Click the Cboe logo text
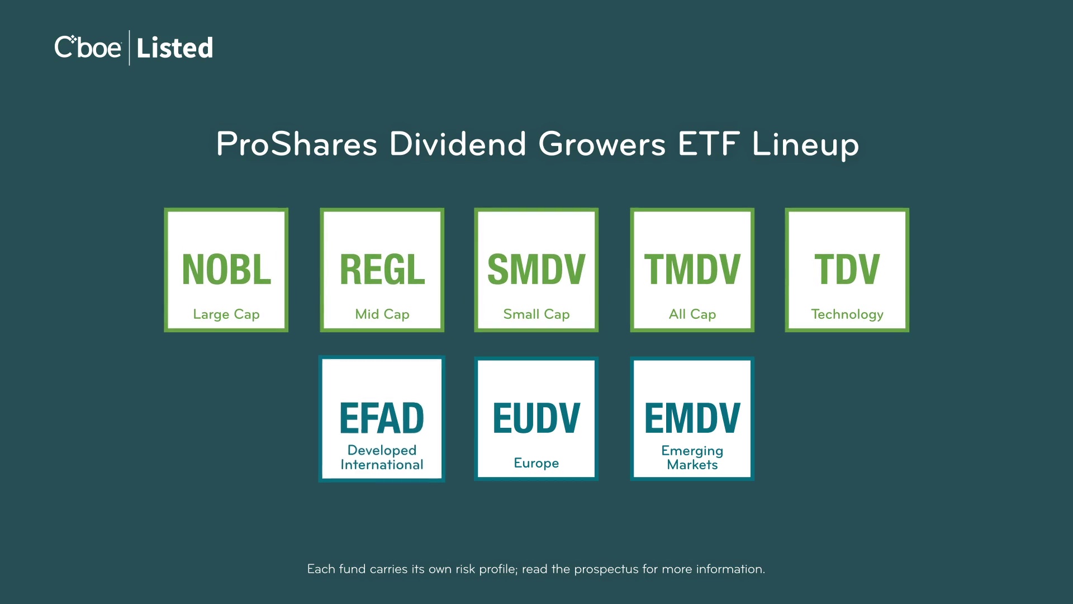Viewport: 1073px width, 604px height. pyautogui.click(x=88, y=47)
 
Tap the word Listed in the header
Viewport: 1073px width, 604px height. pyautogui.click(x=175, y=48)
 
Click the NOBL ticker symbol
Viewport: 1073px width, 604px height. pyautogui.click(x=226, y=270)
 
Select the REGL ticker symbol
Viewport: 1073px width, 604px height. pyautogui.click(x=382, y=270)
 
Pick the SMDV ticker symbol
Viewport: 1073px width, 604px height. pyautogui.click(x=536, y=270)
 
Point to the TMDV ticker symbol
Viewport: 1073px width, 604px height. pyautogui.click(x=692, y=270)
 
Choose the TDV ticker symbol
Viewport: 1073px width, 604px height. pyautogui.click(x=847, y=270)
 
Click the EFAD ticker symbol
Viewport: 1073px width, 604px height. pyautogui.click(x=382, y=418)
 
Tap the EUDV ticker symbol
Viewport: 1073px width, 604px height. pyautogui.click(x=536, y=418)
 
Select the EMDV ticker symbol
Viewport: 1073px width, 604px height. pyautogui.click(x=692, y=418)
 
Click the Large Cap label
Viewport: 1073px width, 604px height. pyautogui.click(x=226, y=314)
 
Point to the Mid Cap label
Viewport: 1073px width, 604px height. pyautogui.click(x=382, y=314)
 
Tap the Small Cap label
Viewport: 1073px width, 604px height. pyautogui.click(x=536, y=314)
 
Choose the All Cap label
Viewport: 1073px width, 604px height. pyautogui.click(x=692, y=314)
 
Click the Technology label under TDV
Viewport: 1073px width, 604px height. pyautogui.click(x=847, y=314)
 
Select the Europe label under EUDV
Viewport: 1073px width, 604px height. pyautogui.click(x=536, y=463)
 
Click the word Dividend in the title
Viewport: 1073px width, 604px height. pyautogui.click(x=458, y=144)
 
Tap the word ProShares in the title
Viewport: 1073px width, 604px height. pyautogui.click(x=297, y=144)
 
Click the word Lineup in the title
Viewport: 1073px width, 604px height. pyautogui.click(x=805, y=145)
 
